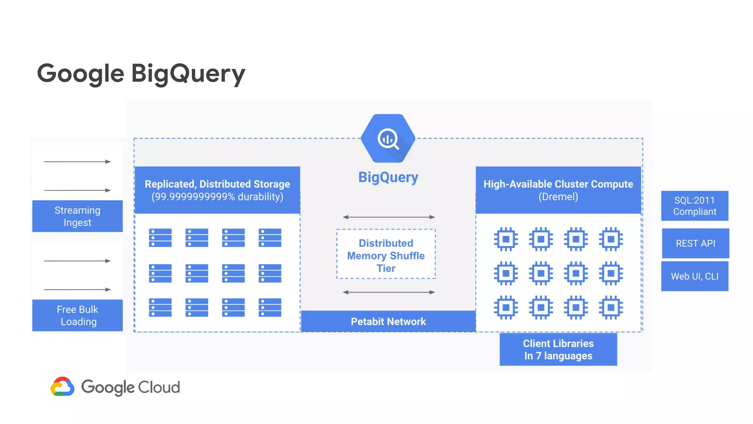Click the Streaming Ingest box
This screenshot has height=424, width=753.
[x=77, y=216]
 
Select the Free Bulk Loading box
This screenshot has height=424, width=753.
[x=77, y=315]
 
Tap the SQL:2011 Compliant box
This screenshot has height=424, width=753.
[x=695, y=206]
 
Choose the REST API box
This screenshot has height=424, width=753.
[x=695, y=243]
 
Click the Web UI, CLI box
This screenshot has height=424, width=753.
[x=695, y=276]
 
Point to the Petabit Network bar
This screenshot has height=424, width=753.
[x=388, y=321]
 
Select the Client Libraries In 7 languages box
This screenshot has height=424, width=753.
[x=558, y=349]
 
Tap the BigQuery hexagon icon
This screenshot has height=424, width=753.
[x=388, y=139]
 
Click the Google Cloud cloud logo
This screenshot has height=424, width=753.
[x=63, y=387]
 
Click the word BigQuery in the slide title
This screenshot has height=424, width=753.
[x=188, y=74]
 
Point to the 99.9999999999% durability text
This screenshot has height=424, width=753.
[x=217, y=197]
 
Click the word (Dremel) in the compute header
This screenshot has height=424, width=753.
[x=558, y=197]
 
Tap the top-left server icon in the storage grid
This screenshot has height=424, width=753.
[x=160, y=238]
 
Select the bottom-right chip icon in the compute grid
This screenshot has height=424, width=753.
[x=611, y=307]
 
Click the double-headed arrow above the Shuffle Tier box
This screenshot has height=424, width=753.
[x=389, y=217]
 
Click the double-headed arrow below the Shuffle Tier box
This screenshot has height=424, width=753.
[x=389, y=292]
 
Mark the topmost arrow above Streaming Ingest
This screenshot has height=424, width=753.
[x=77, y=162]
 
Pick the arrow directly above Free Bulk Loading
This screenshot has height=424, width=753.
[x=77, y=290]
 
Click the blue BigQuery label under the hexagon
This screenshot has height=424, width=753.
[x=388, y=177]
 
